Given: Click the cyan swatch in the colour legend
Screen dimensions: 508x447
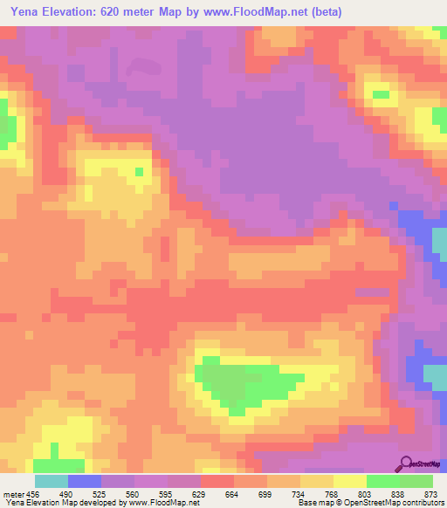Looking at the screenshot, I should pyautogui.click(x=52, y=481).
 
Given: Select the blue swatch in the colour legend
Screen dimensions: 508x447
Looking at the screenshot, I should pyautogui.click(x=85, y=481).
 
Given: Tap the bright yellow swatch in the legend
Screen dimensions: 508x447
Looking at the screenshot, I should pyautogui.click(x=349, y=481).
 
